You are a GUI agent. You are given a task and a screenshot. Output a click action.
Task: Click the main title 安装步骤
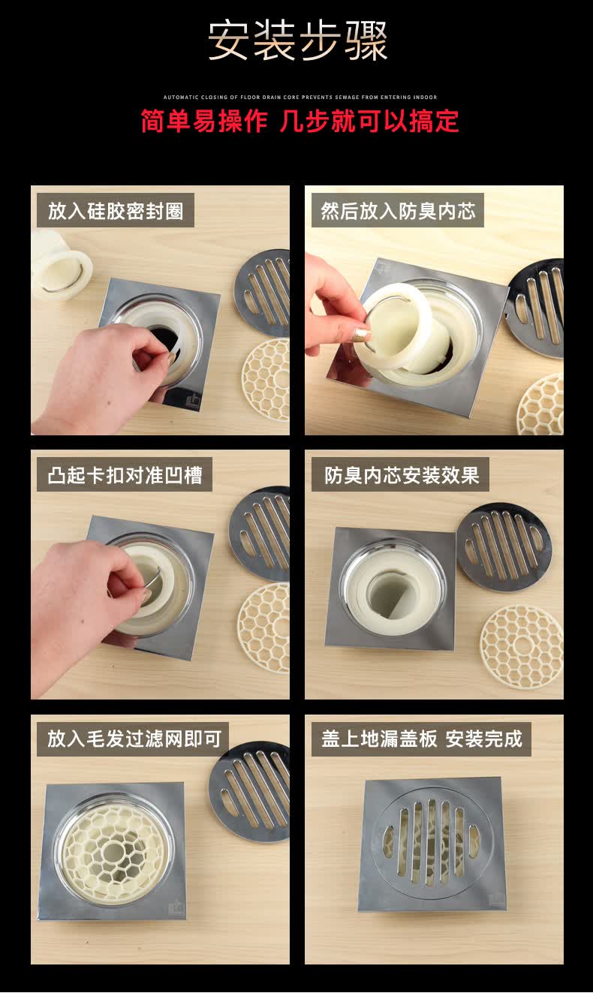pyautogui.click(x=297, y=41)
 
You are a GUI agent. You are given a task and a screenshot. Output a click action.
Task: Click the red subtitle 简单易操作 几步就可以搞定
pyautogui.click(x=300, y=121)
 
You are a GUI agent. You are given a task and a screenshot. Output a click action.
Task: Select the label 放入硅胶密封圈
pyautogui.click(x=116, y=211)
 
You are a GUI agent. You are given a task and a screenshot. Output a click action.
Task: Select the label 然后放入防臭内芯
pyautogui.click(x=398, y=211)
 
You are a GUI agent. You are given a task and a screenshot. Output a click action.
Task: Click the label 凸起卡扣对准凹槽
pyautogui.click(x=125, y=475)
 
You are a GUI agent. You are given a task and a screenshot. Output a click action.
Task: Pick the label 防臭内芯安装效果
pyautogui.click(x=401, y=475)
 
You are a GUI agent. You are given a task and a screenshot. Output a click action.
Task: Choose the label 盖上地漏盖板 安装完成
pyautogui.click(x=421, y=739)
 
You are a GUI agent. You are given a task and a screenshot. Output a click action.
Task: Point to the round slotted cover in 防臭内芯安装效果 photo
pyautogui.click(x=504, y=546)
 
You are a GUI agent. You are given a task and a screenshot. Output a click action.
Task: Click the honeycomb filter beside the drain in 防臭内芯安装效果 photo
pyautogui.click(x=521, y=645)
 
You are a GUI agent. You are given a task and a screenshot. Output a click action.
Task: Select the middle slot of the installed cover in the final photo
pyautogui.click(x=431, y=842)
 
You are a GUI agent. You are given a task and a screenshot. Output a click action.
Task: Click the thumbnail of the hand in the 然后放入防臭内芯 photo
pyautogui.click(x=360, y=335)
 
